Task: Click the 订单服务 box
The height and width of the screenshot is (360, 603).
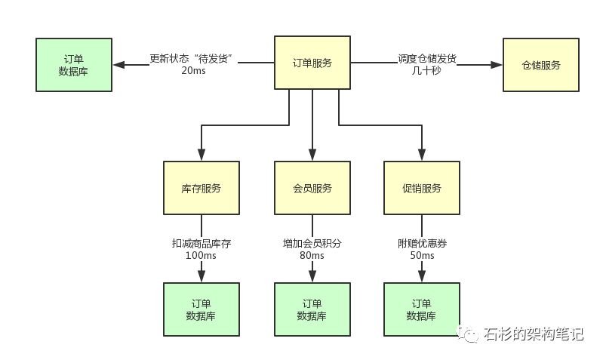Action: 312,63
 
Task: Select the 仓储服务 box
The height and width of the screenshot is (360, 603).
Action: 540,65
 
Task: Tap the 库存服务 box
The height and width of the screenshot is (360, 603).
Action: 202,188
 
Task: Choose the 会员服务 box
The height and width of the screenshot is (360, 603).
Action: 312,188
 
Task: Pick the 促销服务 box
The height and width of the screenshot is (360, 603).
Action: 422,188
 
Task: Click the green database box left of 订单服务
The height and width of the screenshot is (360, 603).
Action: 74,65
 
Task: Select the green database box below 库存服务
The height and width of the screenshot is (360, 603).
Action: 202,309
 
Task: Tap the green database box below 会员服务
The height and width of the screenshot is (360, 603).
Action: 312,309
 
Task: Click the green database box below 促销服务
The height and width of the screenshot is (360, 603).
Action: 422,309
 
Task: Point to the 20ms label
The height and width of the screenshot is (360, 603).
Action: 193,70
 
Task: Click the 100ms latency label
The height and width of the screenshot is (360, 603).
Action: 201,255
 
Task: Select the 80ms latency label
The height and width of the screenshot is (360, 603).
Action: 312,255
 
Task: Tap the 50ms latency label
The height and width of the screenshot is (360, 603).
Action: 423,255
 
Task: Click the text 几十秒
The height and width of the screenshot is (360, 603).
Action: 426,70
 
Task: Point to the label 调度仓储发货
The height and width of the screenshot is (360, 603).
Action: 427,58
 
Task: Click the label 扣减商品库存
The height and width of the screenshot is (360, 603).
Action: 202,244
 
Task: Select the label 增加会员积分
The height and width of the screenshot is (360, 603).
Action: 312,244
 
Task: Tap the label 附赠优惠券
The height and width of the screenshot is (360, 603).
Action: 423,244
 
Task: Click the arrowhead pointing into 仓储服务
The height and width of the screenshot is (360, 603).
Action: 497,65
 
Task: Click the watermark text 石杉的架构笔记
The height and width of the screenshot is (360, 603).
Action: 534,334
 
